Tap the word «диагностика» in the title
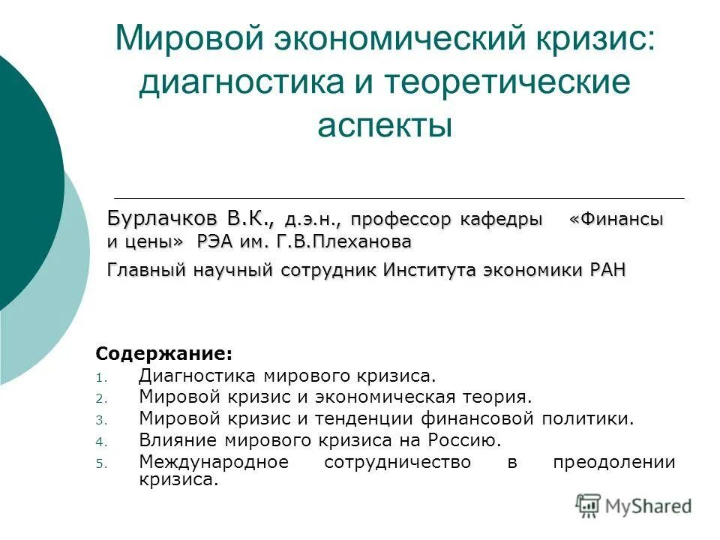tap(237, 82)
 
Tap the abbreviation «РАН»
tap(602, 269)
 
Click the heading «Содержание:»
tap(164, 352)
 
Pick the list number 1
tap(103, 378)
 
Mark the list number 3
tap(103, 421)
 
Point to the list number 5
tap(103, 463)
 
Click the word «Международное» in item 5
tap(214, 462)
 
